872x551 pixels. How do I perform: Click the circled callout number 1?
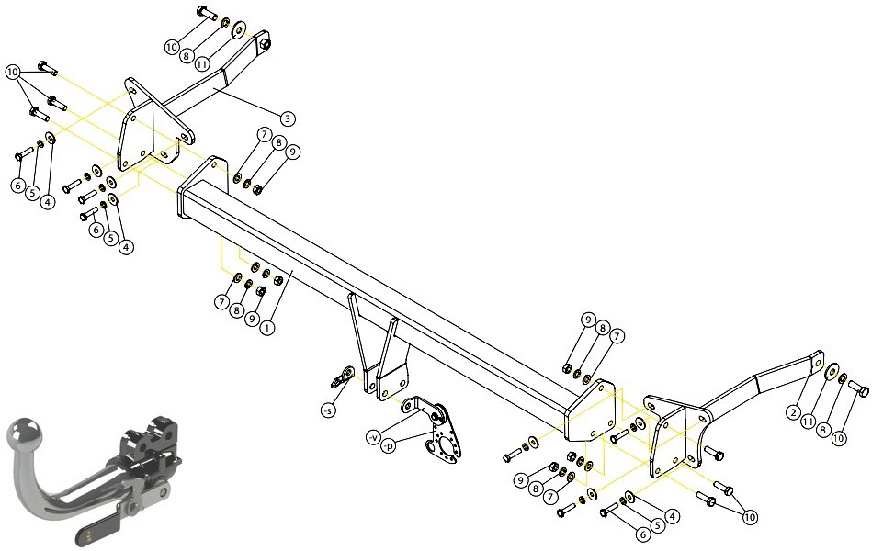click(x=267, y=328)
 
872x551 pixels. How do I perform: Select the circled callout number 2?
click(x=794, y=412)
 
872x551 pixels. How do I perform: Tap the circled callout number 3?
click(x=287, y=118)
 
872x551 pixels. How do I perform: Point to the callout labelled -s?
click(x=329, y=411)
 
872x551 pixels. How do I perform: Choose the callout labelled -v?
click(x=374, y=437)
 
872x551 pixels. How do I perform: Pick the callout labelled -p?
click(x=390, y=446)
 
